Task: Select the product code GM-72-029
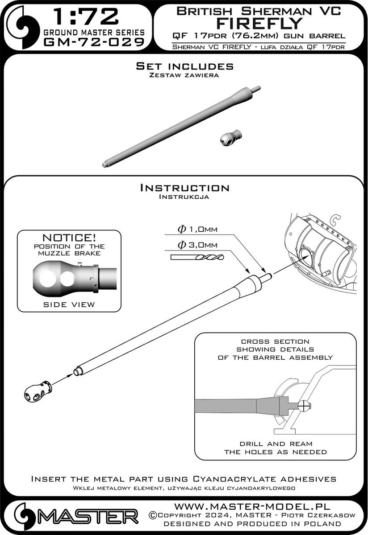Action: [94, 42]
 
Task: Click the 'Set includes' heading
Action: [184, 66]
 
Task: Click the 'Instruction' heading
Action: [184, 188]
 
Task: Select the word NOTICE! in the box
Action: [70, 237]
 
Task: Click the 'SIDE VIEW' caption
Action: [69, 305]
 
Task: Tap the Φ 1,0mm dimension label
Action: [197, 230]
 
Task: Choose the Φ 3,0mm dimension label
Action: [197, 245]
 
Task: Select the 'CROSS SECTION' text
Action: [275, 341]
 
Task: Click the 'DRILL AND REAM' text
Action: [275, 444]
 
